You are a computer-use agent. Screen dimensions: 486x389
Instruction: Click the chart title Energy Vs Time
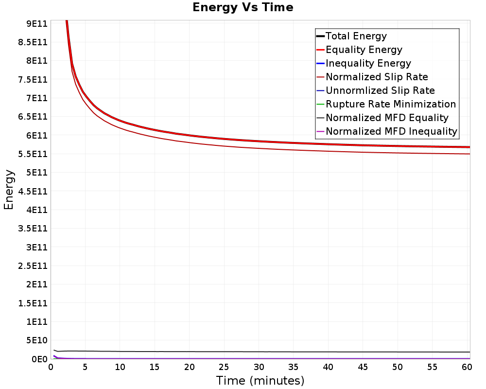coord(243,7)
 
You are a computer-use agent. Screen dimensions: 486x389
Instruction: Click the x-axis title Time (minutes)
coord(260,380)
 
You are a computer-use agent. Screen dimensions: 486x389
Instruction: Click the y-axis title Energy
coord(9,190)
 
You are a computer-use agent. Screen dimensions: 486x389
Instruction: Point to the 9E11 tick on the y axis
coord(37,23)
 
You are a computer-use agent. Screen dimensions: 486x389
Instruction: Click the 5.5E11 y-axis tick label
coord(33,154)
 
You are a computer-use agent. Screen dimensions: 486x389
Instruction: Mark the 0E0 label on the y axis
coord(40,359)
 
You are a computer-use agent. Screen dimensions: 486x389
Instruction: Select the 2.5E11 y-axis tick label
coord(33,266)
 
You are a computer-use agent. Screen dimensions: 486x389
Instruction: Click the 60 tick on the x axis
coord(467,367)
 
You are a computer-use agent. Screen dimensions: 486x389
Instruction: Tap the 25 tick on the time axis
coord(224,367)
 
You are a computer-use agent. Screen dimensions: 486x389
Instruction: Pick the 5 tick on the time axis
coord(85,367)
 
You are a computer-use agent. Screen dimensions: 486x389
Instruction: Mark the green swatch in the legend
coord(320,104)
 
